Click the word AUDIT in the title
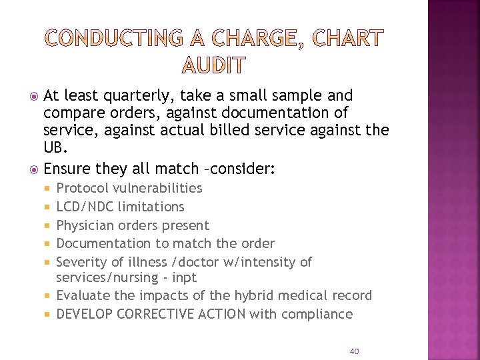[x=214, y=65]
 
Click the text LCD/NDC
[x=85, y=207]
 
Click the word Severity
[x=83, y=262]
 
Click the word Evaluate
[x=85, y=295]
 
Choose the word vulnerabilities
[x=157, y=188]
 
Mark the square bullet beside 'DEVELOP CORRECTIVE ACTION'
[x=47, y=315]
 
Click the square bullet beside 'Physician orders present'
[x=47, y=226]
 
